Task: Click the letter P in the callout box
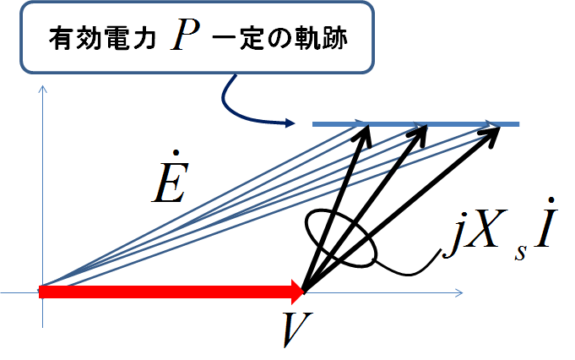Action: (186, 34)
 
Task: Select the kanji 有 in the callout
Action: (62, 38)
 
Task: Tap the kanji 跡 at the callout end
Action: (335, 38)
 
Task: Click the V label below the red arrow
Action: (297, 330)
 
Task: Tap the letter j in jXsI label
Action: (453, 235)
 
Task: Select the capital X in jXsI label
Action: (485, 228)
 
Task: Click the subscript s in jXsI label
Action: (520, 253)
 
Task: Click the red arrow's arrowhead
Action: (298, 292)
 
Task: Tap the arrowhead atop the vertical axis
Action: (43, 90)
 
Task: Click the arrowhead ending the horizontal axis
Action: (459, 293)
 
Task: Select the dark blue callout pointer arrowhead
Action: (290, 123)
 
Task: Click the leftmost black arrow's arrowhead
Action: (364, 136)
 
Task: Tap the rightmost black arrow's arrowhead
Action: (491, 135)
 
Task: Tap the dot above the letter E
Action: (176, 152)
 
